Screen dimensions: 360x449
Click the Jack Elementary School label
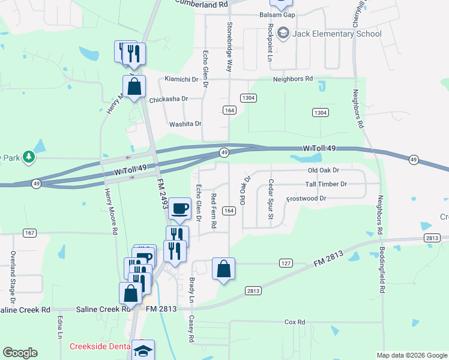coord(337,34)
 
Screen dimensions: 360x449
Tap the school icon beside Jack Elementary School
coord(283,34)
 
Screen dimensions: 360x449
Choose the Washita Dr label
coord(185,124)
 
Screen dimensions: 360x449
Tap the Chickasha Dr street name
coord(169,99)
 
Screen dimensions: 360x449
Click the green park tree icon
coord(29,157)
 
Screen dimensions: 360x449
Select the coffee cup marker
coord(179,208)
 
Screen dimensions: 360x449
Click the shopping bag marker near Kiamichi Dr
coord(134,86)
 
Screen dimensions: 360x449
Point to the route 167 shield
coord(28,232)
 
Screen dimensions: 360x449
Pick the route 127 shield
coord(286,263)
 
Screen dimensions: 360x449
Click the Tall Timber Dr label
coord(327,184)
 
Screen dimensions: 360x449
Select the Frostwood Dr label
coord(306,198)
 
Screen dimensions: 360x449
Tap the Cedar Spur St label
coord(271,199)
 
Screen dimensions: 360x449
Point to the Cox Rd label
coord(295,322)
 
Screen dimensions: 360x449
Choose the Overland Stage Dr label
coord(13,276)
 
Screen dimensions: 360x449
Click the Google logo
coord(20,353)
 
